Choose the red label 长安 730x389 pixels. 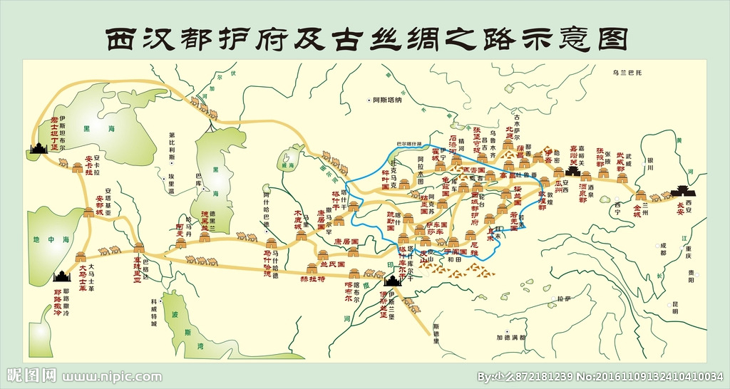click(x=684, y=204)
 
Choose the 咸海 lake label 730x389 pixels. click(x=288, y=165)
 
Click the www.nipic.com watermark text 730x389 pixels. click(x=112, y=376)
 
